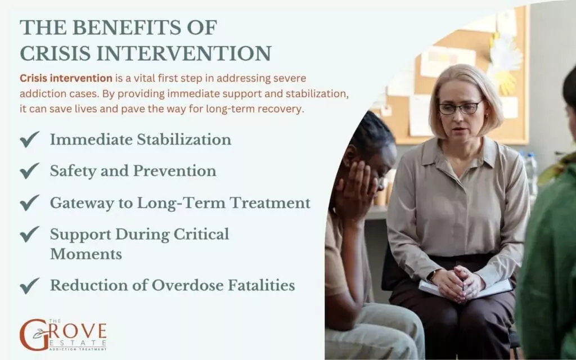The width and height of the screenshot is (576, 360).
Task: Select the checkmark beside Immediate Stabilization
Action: point(29,139)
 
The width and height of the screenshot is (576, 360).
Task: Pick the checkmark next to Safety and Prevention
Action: point(29,171)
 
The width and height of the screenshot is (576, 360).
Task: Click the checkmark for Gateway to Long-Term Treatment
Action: point(29,202)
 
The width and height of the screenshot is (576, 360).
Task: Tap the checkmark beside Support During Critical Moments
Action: point(29,234)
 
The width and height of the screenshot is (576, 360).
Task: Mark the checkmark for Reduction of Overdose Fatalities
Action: point(29,286)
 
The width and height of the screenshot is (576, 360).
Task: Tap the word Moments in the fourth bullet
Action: point(86,254)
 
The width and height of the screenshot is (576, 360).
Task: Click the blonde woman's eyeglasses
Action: point(460,107)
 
